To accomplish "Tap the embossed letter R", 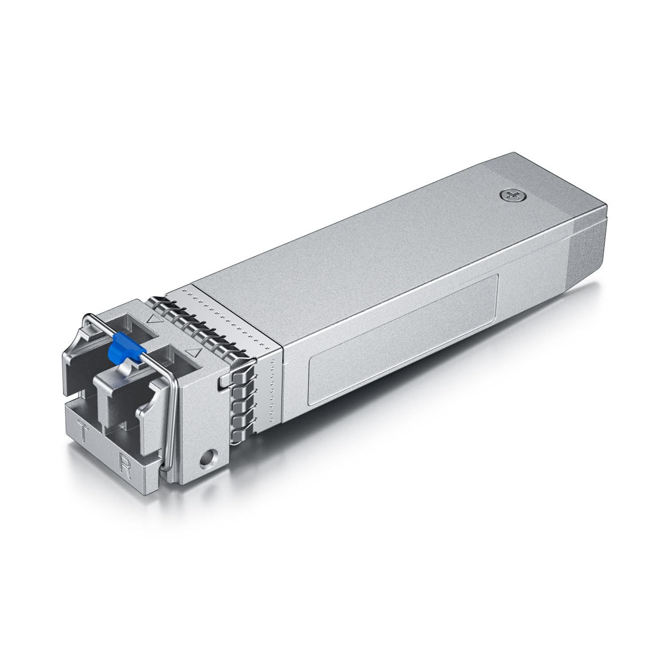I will (125, 466).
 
